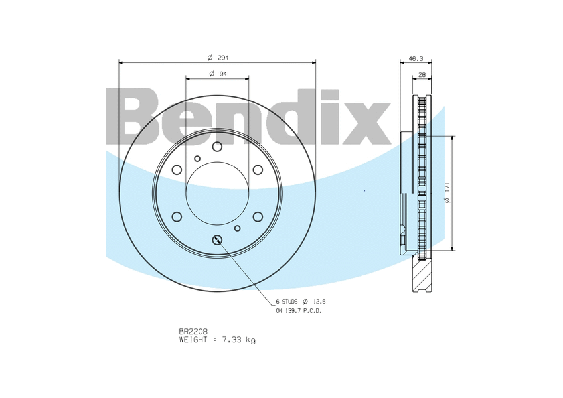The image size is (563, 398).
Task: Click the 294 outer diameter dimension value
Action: tap(223, 58)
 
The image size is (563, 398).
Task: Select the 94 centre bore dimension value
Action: tap(223, 74)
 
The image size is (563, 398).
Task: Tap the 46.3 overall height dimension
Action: tap(416, 59)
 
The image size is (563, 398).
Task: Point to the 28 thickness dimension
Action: tap(422, 75)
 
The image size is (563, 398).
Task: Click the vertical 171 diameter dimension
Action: tap(448, 193)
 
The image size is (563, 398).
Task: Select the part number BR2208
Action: tap(194, 331)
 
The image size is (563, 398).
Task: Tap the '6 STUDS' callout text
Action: tap(287, 302)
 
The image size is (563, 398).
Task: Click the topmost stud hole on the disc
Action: tap(217, 147)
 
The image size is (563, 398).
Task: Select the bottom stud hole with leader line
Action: tap(217, 239)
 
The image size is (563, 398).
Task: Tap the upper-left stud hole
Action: tap(177, 170)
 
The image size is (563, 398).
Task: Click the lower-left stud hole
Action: tap(177, 216)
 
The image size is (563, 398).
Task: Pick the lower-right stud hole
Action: tap(258, 216)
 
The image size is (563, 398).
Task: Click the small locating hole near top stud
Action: tap(197, 158)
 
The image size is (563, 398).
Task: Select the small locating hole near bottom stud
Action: tap(237, 228)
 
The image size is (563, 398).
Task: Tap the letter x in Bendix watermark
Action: tap(366, 123)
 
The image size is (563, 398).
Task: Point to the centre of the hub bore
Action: tap(217, 193)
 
